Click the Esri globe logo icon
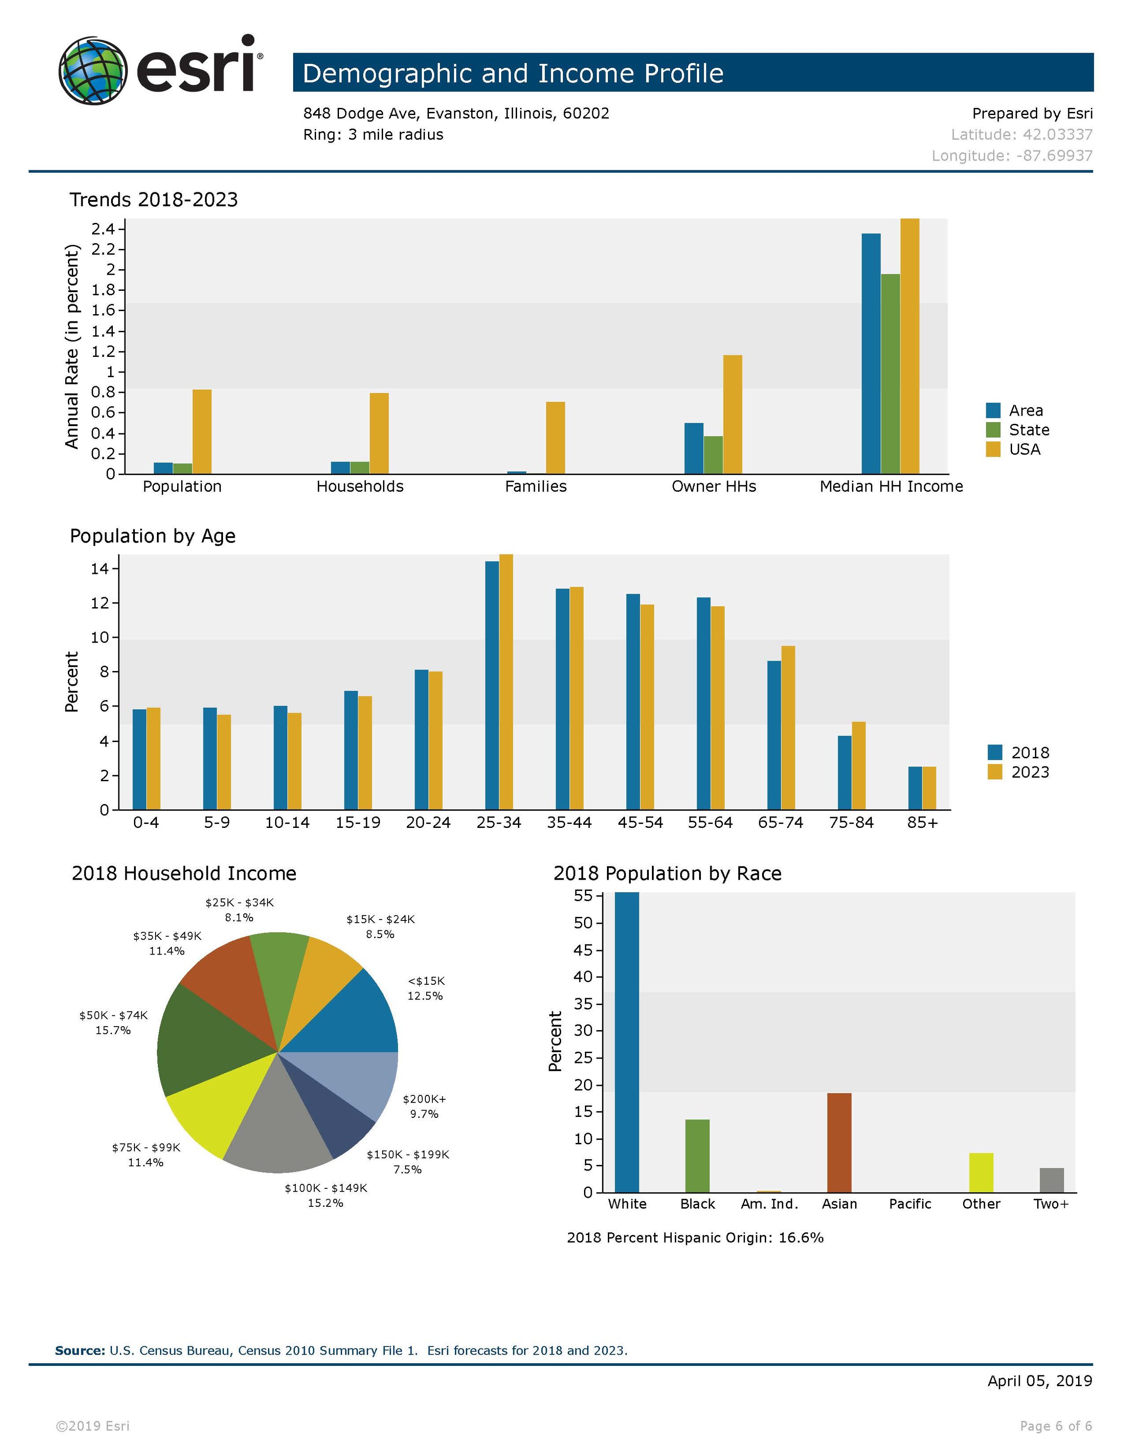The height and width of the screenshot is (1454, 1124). (x=93, y=71)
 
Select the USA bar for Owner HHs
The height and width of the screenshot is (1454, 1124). (x=732, y=414)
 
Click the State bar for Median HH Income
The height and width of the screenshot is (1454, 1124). (x=890, y=374)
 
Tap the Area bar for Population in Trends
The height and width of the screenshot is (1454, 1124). (x=163, y=468)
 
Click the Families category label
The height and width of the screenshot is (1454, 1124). (x=535, y=487)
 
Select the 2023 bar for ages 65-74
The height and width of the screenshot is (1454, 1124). (x=788, y=728)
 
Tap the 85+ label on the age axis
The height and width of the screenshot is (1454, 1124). (x=922, y=823)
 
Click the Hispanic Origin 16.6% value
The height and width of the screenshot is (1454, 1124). (x=801, y=1238)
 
